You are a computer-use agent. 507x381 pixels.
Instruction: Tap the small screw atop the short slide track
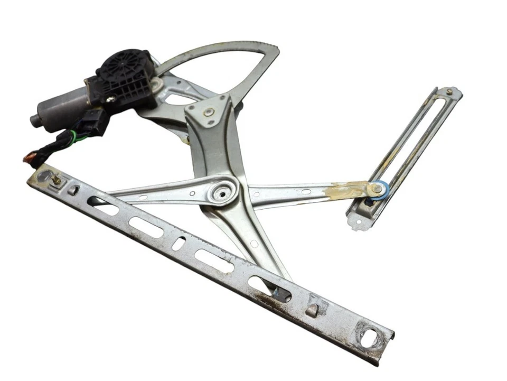449,91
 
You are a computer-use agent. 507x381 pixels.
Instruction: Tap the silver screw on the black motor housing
110,98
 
